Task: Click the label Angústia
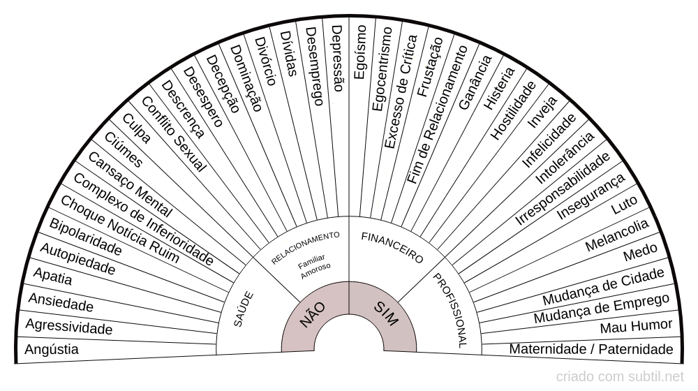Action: tap(52, 349)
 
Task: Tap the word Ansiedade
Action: tap(61, 302)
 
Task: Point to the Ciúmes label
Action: tap(124, 149)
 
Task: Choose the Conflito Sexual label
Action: tap(174, 134)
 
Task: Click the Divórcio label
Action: tap(265, 61)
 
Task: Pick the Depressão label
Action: tap(338, 59)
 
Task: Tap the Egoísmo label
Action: tap(359, 52)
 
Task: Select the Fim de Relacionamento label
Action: tap(437, 115)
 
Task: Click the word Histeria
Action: tap(500, 88)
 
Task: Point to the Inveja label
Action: tap(542, 112)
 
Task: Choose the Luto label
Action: tap(624, 205)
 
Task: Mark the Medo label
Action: tap(640, 253)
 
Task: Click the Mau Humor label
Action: tap(636, 327)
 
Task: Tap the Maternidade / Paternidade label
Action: tap(591, 349)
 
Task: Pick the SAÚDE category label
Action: tap(244, 309)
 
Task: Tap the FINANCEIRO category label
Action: tap(392, 248)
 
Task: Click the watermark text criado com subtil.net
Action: tap(620, 377)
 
